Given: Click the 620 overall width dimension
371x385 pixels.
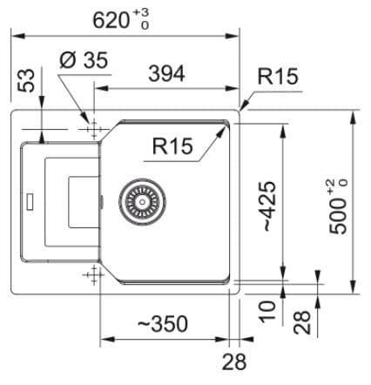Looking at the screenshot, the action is coord(111,20).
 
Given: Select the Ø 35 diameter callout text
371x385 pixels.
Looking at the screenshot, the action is coord(84,60).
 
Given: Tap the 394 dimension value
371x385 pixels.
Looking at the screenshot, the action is coord(166,74).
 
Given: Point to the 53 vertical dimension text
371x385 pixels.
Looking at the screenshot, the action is coord(26,80).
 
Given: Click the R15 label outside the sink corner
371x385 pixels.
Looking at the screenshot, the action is coord(278,77).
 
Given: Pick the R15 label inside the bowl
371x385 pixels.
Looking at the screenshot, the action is coord(172,145).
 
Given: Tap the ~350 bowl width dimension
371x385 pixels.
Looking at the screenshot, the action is coord(163,324).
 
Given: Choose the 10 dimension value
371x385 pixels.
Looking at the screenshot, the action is coord(267,312).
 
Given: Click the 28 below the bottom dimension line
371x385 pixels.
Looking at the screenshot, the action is coord(234,362).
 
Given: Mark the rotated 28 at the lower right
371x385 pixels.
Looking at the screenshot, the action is coord(302,322).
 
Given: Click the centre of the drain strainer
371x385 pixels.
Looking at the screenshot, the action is coord(142,201).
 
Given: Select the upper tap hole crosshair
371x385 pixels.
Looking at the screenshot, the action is coord(94,129).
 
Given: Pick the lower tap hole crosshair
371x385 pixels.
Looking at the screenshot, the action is coord(93,274).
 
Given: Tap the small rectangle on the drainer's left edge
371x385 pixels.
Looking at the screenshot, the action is coord(30,201).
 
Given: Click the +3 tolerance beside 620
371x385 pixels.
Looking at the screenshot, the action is coord(141,13).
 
